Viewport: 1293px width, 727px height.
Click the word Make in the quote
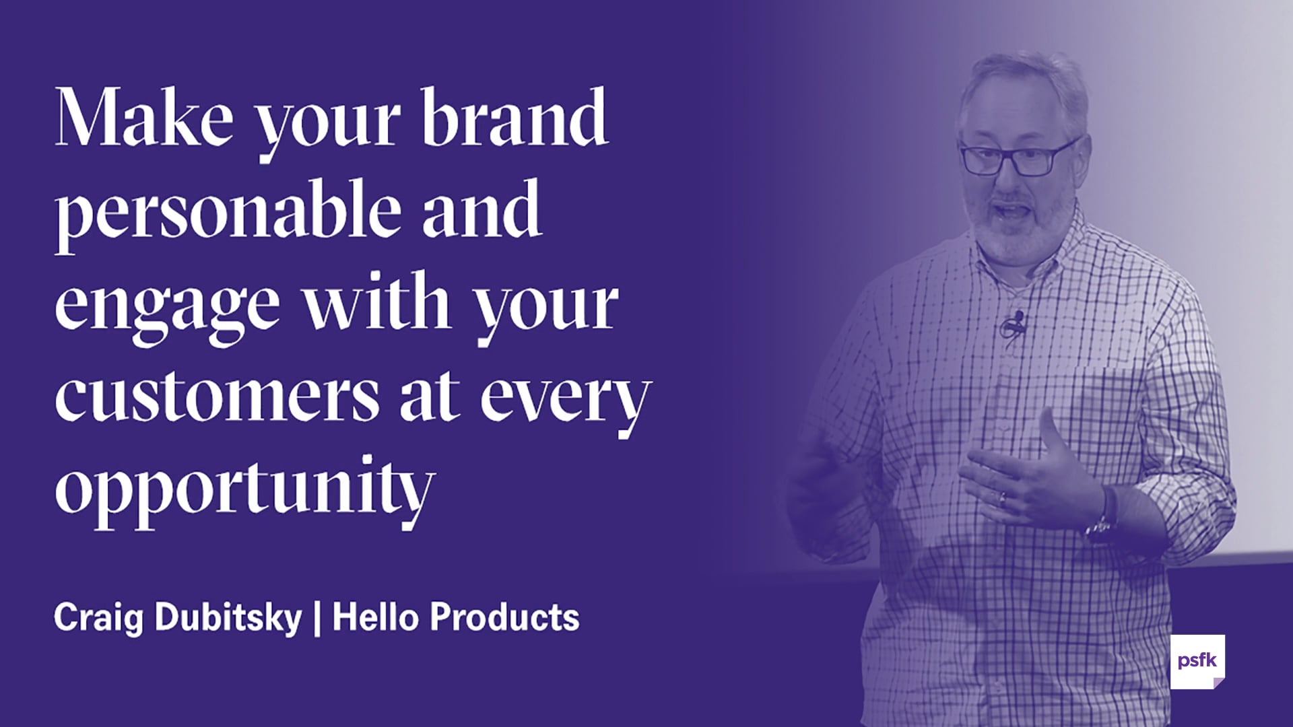[143, 118]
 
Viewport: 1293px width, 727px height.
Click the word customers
[218, 397]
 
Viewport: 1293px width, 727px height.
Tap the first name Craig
[98, 617]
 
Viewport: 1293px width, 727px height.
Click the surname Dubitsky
[228, 617]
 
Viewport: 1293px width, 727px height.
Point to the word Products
[504, 617]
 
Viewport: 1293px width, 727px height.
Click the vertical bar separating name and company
[317, 618]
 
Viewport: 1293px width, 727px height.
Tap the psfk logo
[1197, 661]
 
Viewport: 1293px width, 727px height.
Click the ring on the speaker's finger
[1003, 499]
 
